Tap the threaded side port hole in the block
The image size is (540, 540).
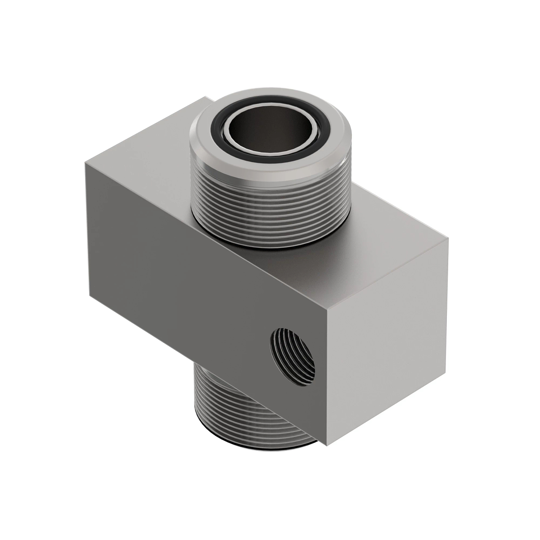292,356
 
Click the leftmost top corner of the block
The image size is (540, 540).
85,162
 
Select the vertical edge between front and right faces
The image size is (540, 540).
328,382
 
